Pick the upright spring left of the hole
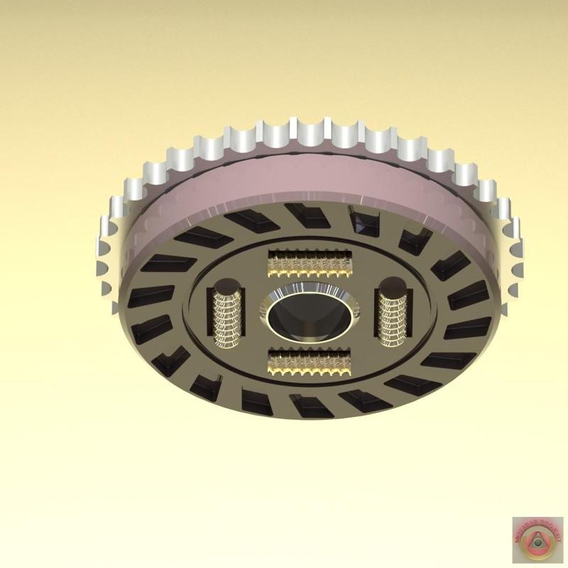[x=227, y=316]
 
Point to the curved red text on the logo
[x=537, y=525]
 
